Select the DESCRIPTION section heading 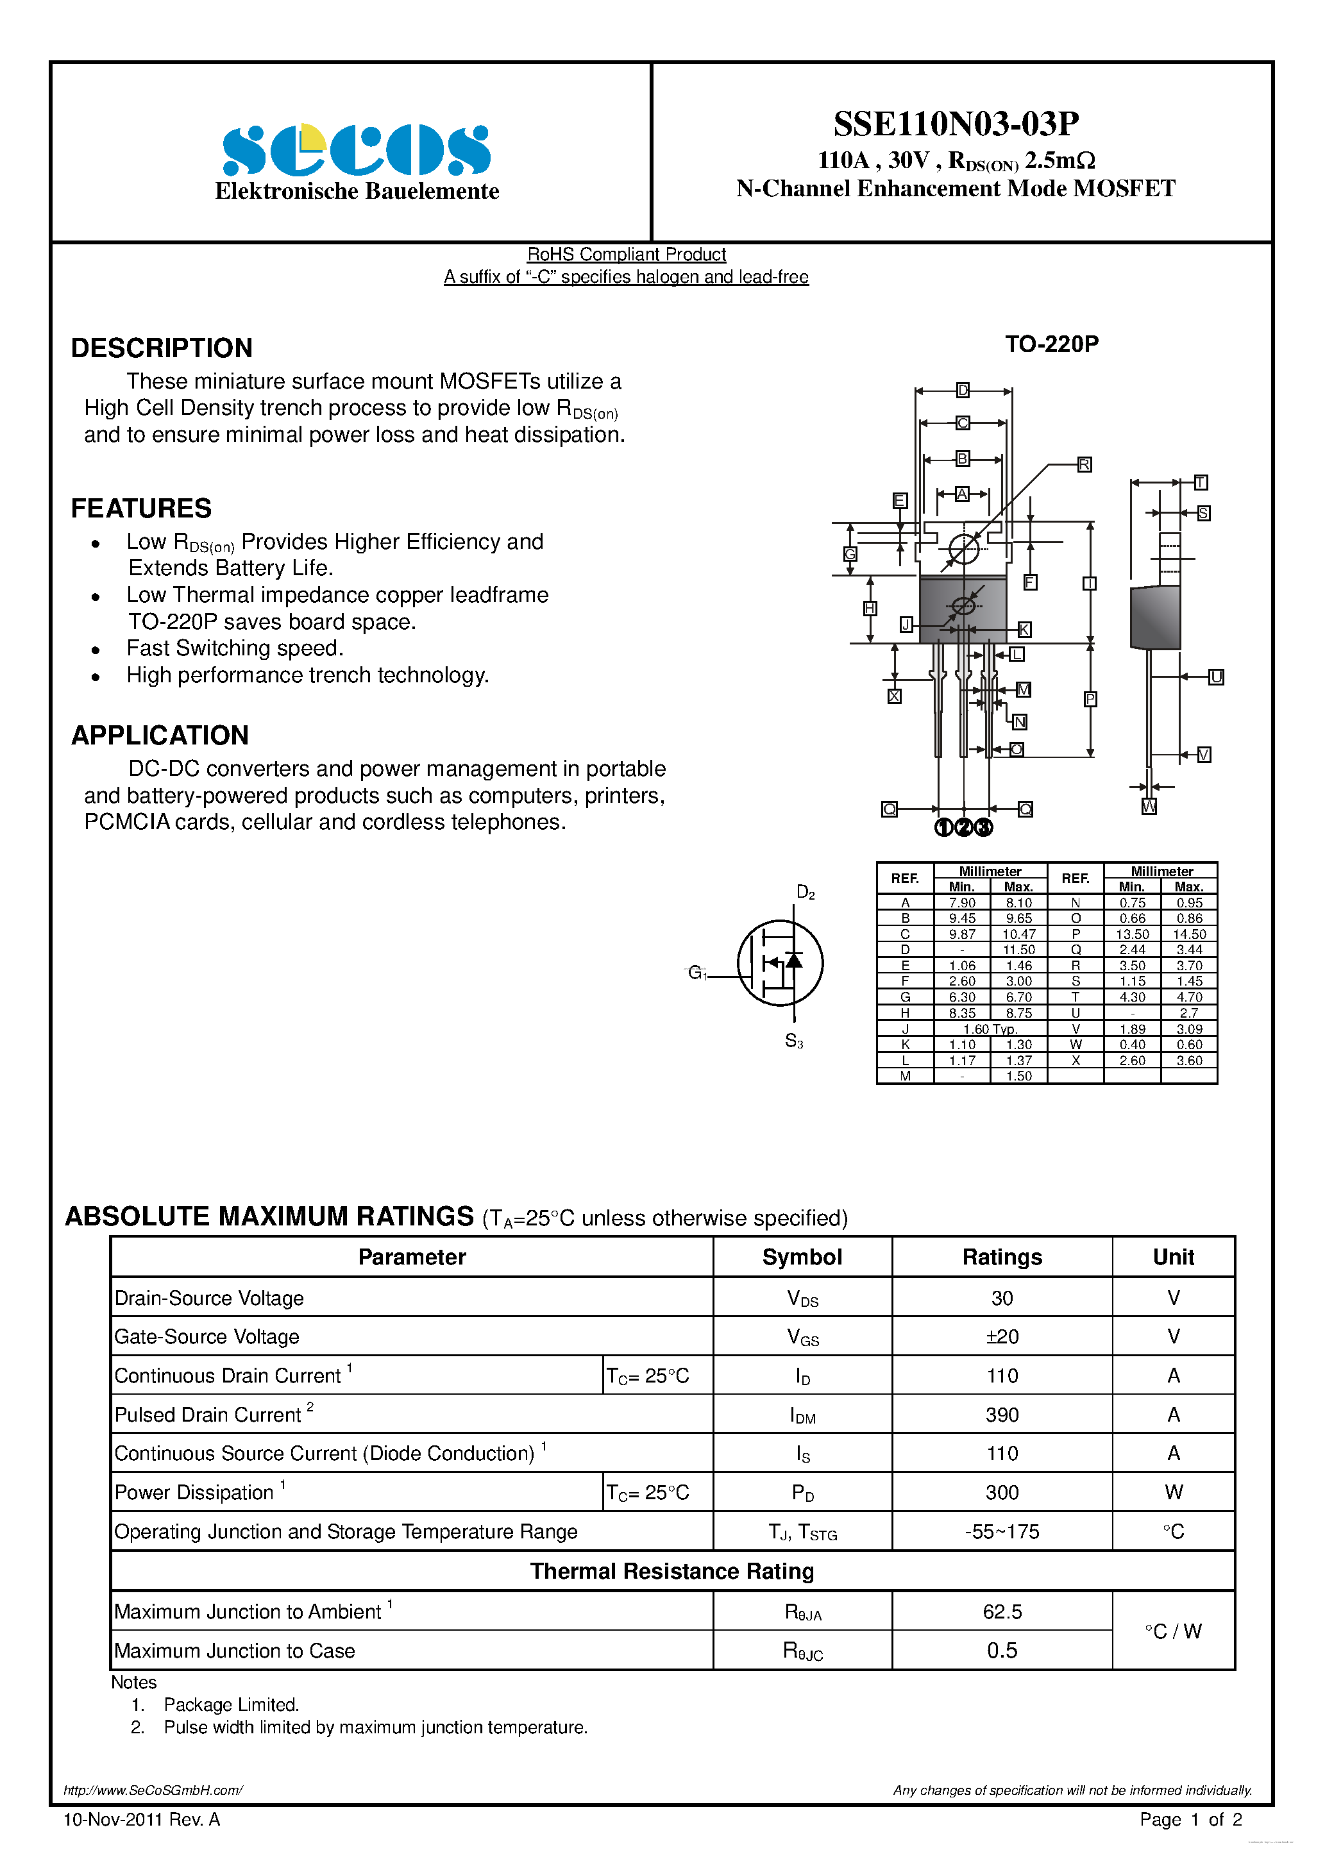(x=162, y=348)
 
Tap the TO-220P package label (x=1051, y=344)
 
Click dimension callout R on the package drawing (x=1084, y=465)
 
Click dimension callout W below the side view (x=1149, y=807)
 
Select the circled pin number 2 (x=963, y=827)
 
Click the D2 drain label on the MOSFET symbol (x=805, y=893)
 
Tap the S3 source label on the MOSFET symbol (x=793, y=1041)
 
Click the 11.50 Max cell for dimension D (x=1018, y=950)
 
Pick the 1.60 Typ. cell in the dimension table (x=990, y=1029)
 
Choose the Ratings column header (x=1002, y=1257)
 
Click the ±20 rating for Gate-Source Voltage (x=1002, y=1337)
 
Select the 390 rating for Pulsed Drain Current (x=1002, y=1415)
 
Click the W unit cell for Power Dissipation (x=1173, y=1493)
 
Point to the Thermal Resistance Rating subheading (x=671, y=1571)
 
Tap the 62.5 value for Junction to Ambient (x=1002, y=1612)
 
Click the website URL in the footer (x=153, y=1790)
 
